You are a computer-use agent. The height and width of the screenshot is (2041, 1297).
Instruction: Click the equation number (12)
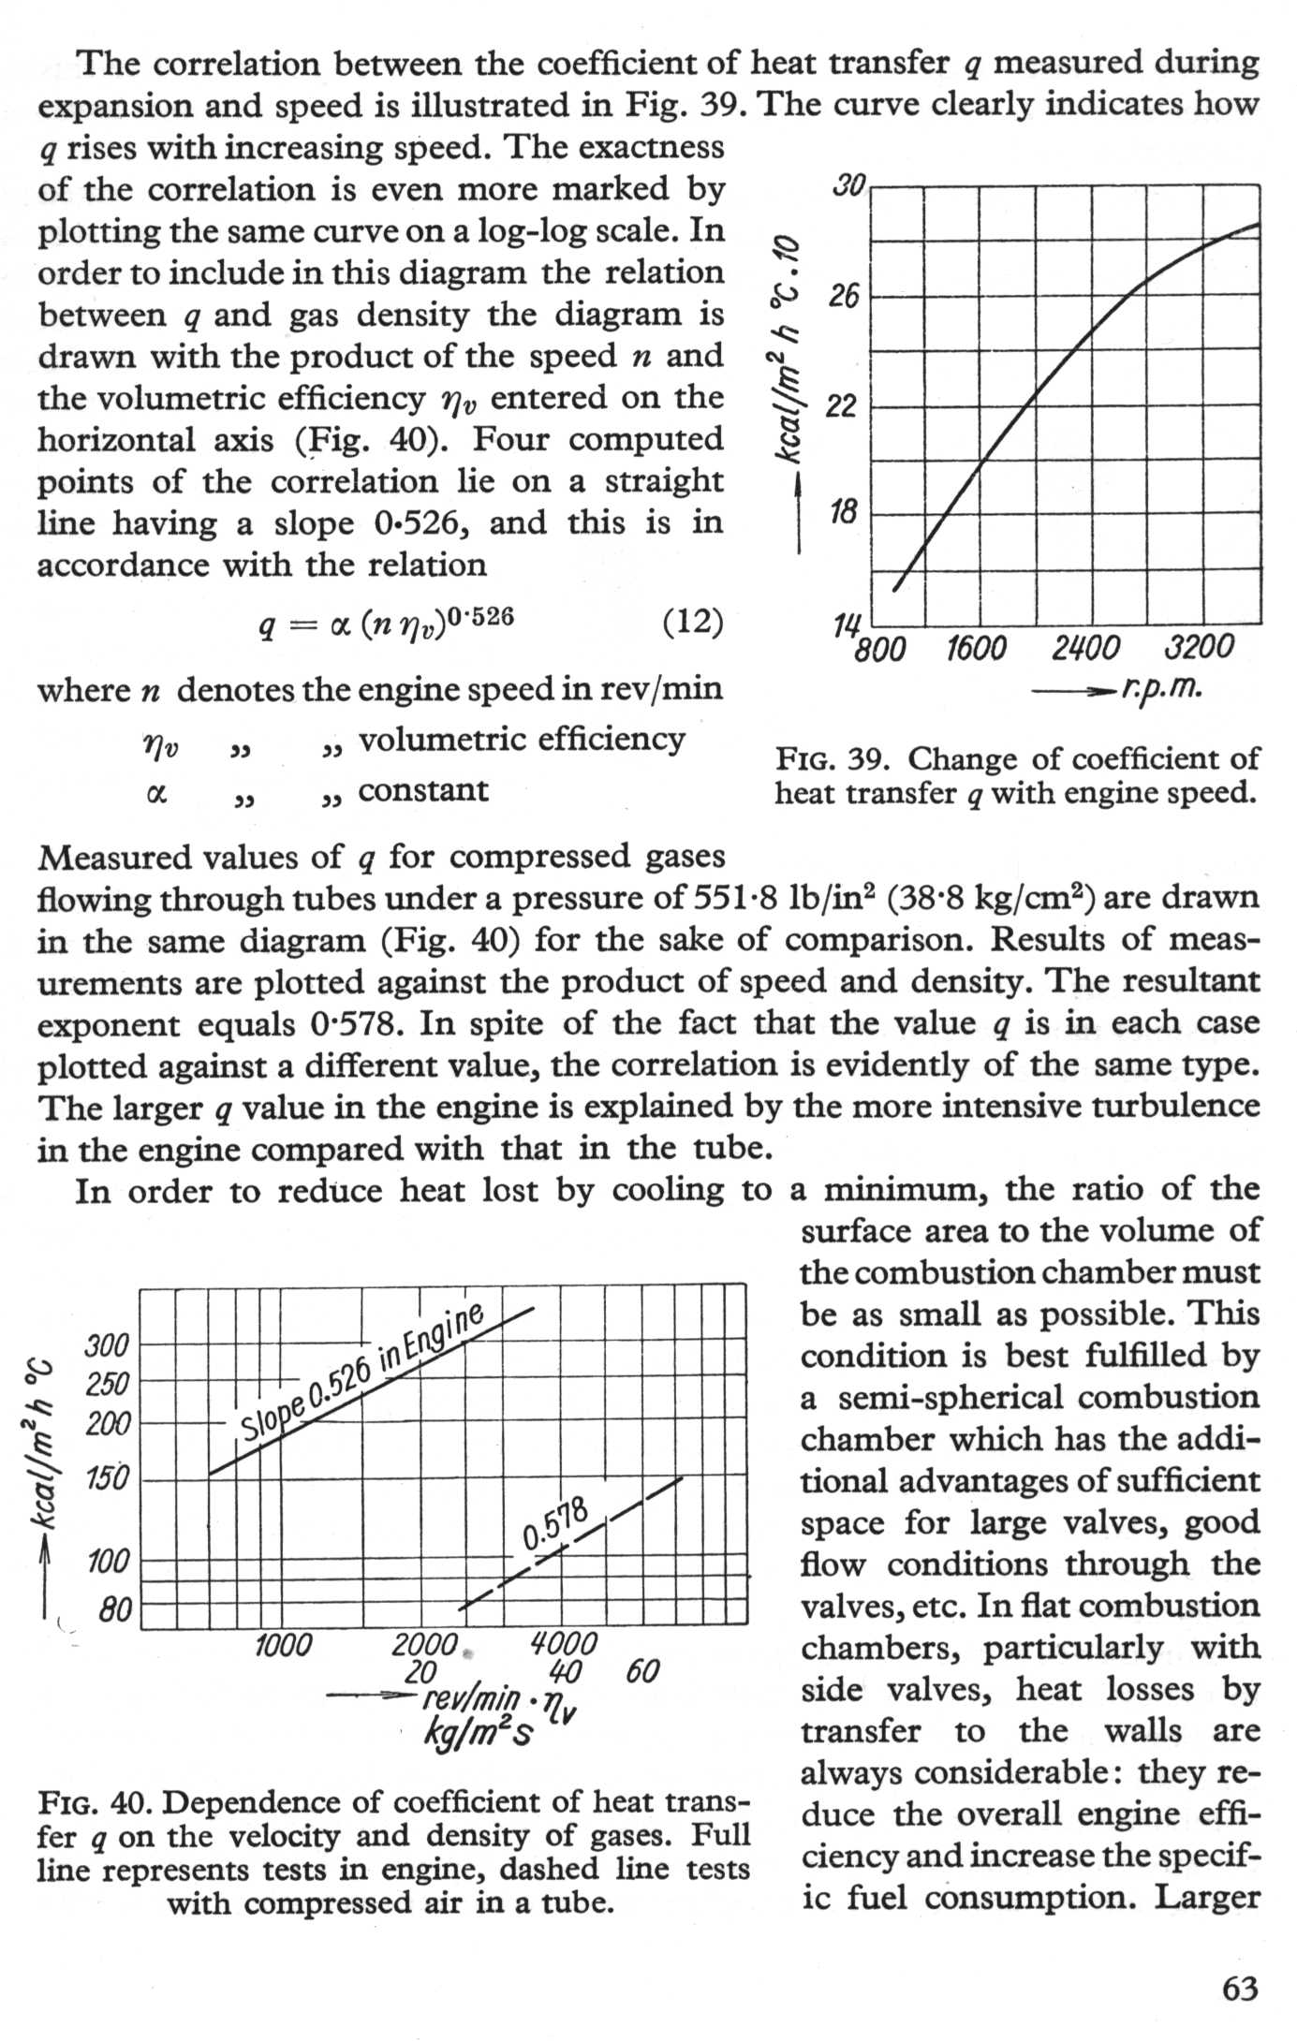pos(693,622)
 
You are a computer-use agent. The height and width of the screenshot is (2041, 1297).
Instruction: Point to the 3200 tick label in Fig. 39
pos(1200,648)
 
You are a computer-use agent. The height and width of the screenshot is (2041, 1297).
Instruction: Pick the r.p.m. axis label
pos(1160,691)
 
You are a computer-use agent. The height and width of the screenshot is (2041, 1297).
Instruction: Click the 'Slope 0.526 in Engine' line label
pos(361,1370)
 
